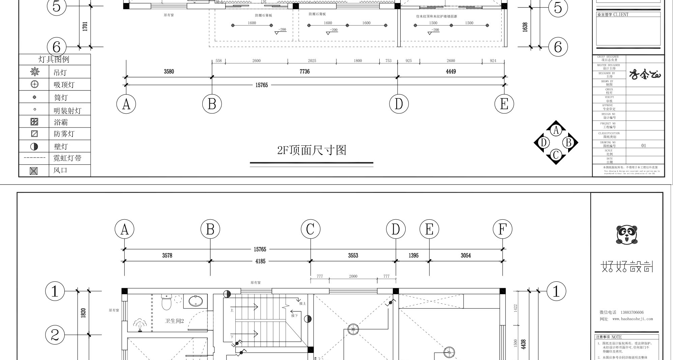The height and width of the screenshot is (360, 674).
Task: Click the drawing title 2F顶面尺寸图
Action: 312,150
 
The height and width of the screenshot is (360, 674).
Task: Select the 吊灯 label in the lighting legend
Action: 60,73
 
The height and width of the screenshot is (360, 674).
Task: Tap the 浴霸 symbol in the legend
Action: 34,122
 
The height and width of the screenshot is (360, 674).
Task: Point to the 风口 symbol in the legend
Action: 34,171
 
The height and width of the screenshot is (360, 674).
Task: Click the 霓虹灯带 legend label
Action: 67,158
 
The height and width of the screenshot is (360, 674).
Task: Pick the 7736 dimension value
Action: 304,72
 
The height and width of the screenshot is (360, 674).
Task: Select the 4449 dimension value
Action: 451,72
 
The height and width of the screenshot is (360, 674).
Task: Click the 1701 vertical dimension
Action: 85,26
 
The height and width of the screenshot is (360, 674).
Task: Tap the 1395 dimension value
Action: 413,256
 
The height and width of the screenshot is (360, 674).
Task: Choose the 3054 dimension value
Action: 466,256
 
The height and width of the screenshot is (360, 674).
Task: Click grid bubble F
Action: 502,229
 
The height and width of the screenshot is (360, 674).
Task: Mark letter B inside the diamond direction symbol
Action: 569,142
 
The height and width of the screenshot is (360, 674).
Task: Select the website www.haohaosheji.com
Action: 633,319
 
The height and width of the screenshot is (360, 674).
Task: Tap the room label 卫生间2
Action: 174,321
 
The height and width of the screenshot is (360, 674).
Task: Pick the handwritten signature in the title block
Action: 645,74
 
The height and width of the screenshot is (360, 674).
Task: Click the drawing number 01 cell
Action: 644,146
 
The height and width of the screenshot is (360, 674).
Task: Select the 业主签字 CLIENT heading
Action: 613,15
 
